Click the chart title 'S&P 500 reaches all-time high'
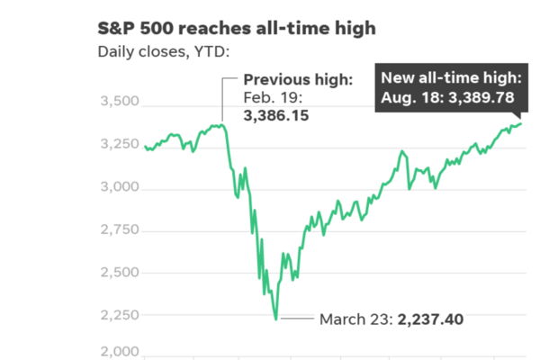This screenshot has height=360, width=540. [237, 29]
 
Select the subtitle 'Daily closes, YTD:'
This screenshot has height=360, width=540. [164, 51]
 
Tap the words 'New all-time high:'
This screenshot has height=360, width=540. [450, 76]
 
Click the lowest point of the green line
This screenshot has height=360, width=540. [275, 319]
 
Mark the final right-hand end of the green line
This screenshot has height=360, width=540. [521, 123]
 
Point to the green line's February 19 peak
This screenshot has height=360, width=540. [222, 125]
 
